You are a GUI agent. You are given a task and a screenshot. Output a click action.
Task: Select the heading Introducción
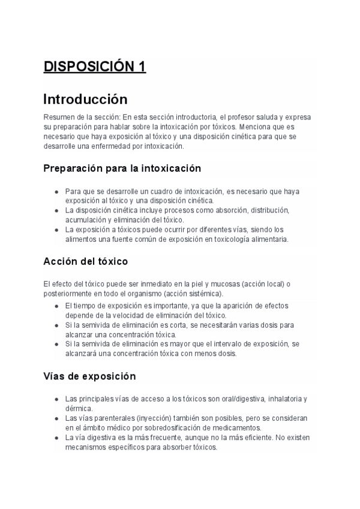point(85,98)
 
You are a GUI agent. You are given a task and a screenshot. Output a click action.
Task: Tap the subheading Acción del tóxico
point(85,262)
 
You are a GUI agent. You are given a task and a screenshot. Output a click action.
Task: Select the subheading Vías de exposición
point(90,376)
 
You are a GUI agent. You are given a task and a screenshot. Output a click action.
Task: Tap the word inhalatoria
point(286,399)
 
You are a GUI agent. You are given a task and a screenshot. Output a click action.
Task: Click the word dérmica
point(79,408)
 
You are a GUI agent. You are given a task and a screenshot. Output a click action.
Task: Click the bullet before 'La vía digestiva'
point(56,438)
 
